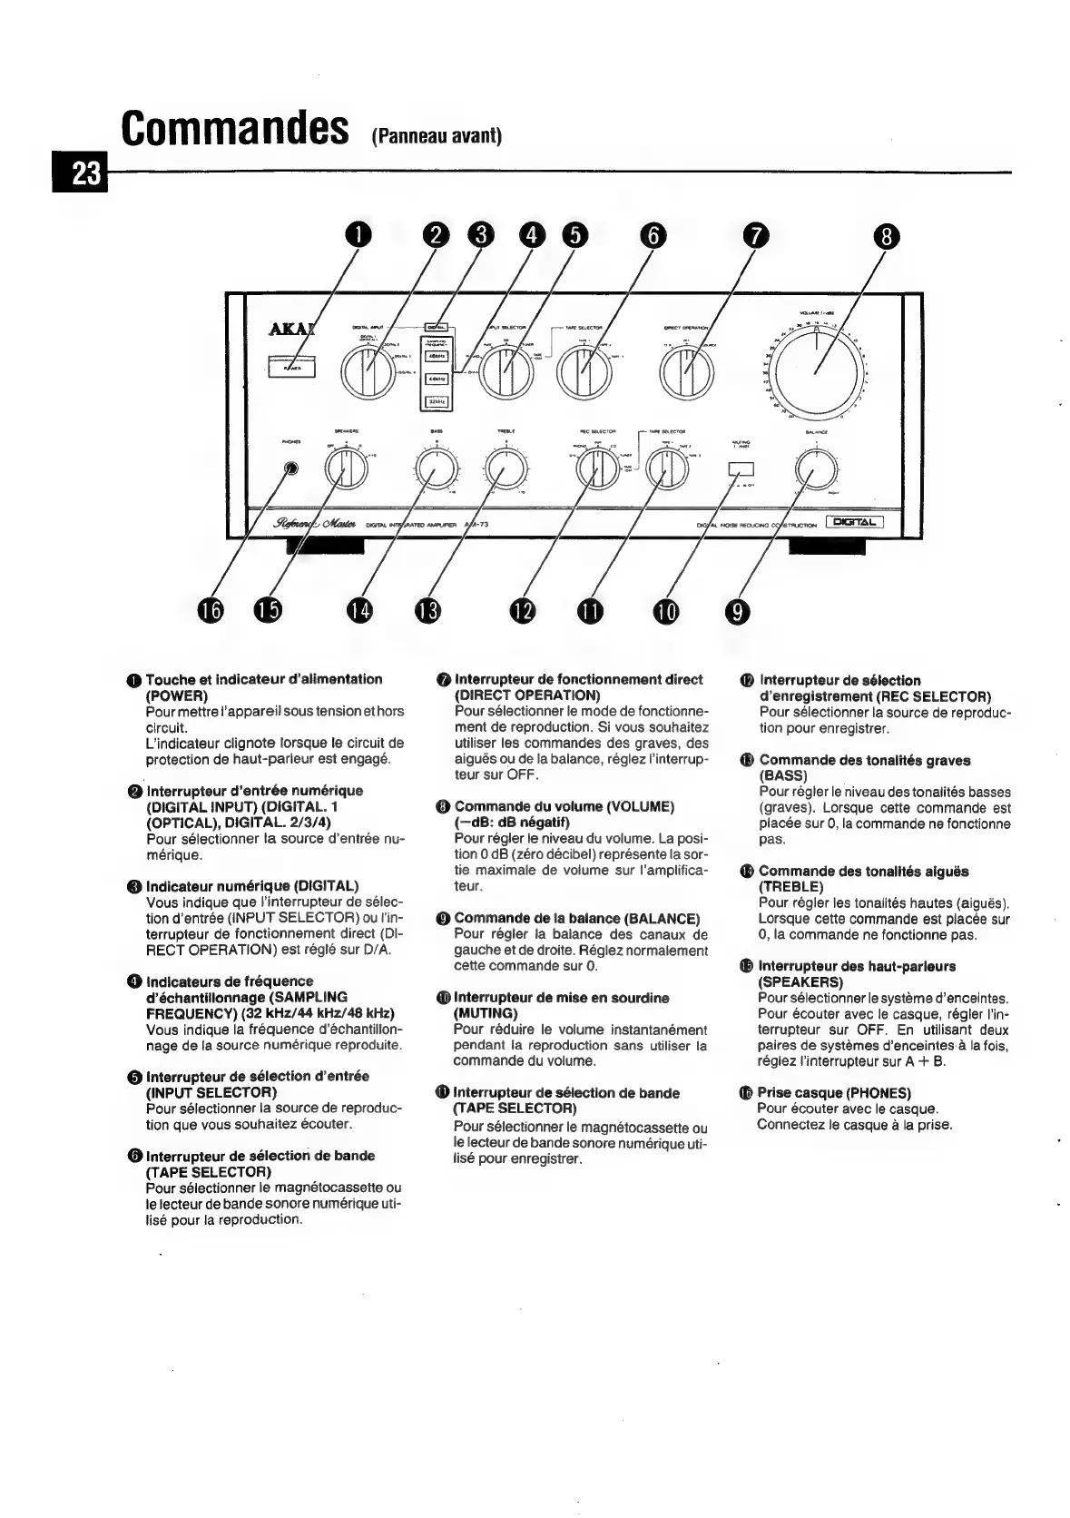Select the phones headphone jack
click(x=291, y=468)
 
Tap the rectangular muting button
click(x=741, y=469)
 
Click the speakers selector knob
click(x=346, y=468)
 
